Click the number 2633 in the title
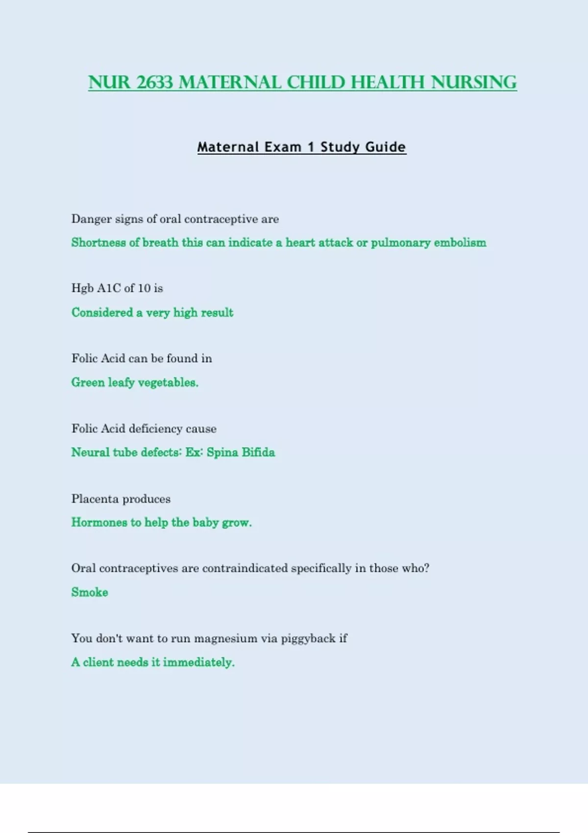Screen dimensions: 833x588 (154, 82)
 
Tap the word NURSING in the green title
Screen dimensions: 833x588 (474, 82)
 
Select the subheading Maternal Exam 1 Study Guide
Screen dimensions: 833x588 (301, 147)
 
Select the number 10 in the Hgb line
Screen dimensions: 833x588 (144, 288)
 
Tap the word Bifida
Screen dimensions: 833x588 (258, 452)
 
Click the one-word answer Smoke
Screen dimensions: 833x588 (90, 592)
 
